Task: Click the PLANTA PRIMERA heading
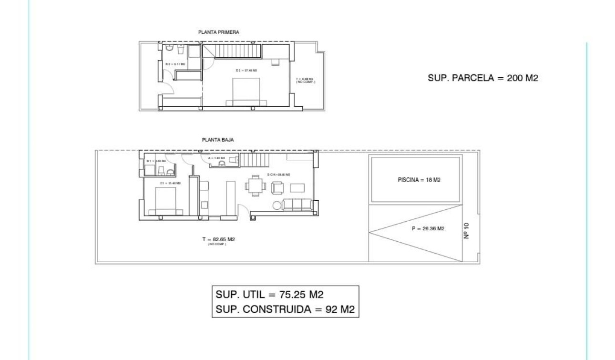218,32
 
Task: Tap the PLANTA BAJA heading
218,140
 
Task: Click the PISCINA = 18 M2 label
418,180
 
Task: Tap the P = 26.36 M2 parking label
427,228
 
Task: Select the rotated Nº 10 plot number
467,230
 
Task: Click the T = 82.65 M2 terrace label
218,239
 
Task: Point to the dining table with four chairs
255,185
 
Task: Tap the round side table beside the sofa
277,205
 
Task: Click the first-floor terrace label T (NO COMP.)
305,80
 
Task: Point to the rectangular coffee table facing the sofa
297,187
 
